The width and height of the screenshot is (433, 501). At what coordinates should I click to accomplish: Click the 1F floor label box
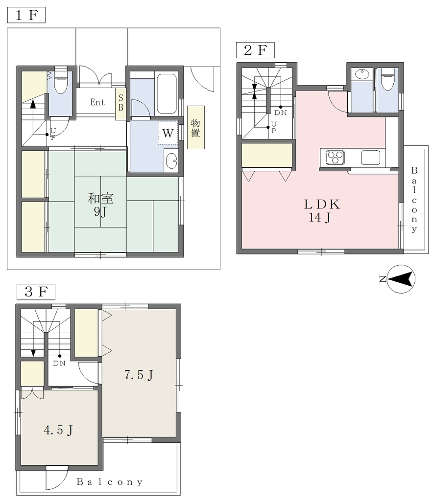[x=26, y=15]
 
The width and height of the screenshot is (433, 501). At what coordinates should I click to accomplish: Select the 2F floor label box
[x=255, y=50]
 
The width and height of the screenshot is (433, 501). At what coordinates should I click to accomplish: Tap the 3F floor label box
[x=36, y=292]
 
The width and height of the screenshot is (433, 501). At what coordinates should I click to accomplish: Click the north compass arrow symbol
[x=401, y=279]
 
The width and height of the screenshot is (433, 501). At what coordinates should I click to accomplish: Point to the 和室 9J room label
[x=100, y=205]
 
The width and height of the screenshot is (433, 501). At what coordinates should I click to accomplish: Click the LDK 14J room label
[x=321, y=211]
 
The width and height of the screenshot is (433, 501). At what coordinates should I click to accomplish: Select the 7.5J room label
[x=139, y=375]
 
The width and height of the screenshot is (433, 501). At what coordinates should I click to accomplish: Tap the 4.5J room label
[x=58, y=431]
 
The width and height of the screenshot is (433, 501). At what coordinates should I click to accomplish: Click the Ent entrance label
[x=97, y=102]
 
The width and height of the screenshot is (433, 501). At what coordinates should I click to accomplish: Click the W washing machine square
[x=168, y=133]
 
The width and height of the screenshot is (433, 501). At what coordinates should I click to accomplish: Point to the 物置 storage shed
[x=196, y=128]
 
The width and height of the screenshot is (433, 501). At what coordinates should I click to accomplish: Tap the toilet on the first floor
[x=60, y=80]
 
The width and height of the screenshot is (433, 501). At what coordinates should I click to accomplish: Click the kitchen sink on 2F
[x=371, y=157]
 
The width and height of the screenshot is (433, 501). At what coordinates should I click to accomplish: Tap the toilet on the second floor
[x=387, y=78]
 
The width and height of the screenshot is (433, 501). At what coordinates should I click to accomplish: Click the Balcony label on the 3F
[x=109, y=482]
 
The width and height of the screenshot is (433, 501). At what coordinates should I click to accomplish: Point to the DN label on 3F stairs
[x=59, y=364]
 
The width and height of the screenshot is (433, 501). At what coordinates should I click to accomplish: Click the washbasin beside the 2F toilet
[x=362, y=74]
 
